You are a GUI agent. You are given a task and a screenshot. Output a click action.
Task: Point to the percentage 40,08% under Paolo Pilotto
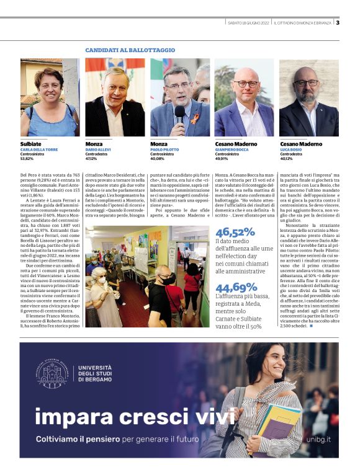(x=158, y=158)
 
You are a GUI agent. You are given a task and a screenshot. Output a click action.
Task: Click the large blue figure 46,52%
(x=235, y=232)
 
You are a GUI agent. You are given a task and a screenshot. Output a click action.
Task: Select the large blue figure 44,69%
(x=236, y=286)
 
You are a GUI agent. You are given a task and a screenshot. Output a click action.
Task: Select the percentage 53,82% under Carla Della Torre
(x=28, y=158)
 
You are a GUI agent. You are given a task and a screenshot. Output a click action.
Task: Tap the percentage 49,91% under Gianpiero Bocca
(x=223, y=158)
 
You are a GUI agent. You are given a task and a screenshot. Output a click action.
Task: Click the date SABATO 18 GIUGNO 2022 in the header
(x=248, y=23)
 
